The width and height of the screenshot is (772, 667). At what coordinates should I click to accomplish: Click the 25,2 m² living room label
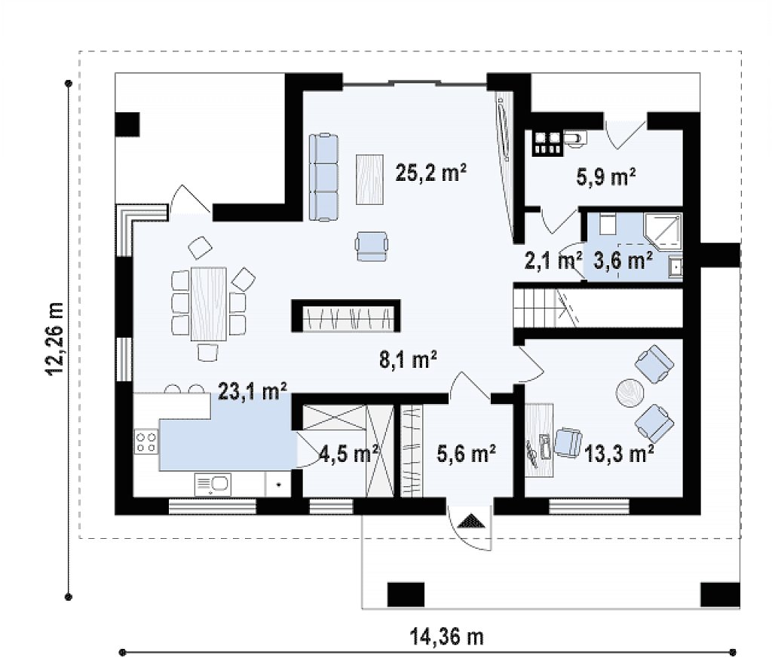430,173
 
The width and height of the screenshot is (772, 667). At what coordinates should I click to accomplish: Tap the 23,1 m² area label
253,391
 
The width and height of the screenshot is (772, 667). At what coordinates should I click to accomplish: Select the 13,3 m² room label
620,454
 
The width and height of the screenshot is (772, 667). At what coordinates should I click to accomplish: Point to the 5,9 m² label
605,176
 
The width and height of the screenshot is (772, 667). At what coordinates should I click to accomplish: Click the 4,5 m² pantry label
349,454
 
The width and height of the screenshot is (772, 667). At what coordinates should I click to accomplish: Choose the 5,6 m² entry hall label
466,454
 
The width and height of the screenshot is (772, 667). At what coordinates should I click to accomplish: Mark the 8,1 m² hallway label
408,360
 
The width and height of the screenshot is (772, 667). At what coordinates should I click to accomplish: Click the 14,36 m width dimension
447,637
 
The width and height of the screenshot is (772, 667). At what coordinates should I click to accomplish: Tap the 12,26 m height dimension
54,338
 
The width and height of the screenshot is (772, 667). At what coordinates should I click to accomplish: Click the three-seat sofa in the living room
323,176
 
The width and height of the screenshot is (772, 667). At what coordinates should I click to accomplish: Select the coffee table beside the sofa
369,179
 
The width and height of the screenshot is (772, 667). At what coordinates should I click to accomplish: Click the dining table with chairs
209,304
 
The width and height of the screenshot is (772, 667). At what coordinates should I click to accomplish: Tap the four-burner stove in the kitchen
146,441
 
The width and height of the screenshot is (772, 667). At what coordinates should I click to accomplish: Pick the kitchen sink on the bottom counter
212,485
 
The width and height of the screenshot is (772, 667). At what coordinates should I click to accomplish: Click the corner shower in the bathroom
663,230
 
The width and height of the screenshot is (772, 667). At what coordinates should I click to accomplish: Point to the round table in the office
630,393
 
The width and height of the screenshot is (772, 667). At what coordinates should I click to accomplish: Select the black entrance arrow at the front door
471,521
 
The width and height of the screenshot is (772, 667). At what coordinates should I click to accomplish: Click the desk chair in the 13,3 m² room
568,442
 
